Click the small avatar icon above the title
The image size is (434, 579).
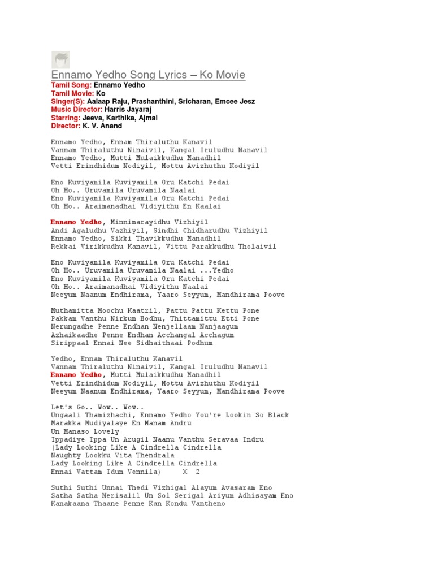60,59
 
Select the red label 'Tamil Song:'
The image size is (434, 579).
71,85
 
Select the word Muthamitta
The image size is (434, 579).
70,311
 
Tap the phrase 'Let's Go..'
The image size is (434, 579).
70,407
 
